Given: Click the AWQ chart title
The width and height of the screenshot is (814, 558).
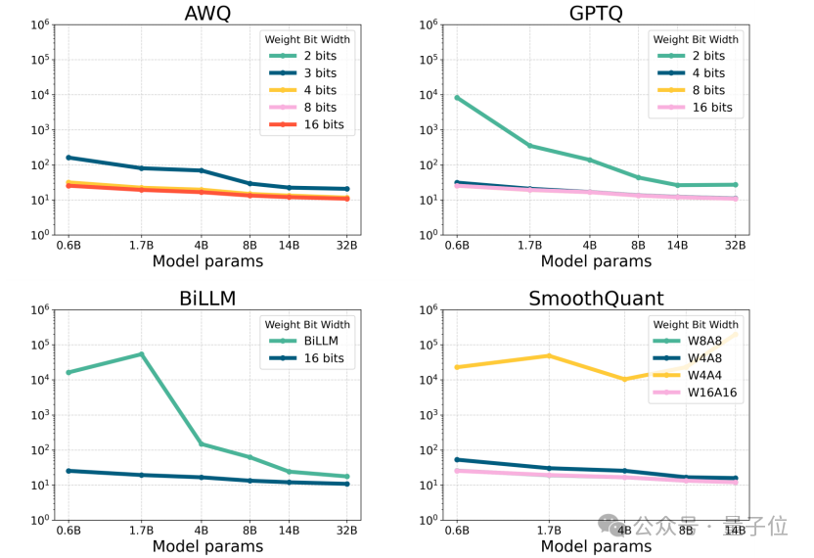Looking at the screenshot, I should tap(207, 13).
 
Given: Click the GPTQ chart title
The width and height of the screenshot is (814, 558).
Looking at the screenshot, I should tap(595, 13).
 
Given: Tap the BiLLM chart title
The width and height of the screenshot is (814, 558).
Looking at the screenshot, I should tap(207, 299).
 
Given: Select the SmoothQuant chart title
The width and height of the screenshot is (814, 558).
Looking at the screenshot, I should tap(595, 299).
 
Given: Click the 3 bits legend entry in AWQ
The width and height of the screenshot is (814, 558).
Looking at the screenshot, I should tap(313, 73).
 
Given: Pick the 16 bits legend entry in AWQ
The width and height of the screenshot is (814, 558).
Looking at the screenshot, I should tap(316, 125).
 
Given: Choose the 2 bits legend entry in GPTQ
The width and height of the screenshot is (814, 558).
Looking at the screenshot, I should tap(701, 56).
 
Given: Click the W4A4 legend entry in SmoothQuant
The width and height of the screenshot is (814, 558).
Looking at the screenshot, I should tap(703, 376).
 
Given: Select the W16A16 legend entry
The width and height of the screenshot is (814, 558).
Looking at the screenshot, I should tap(710, 393).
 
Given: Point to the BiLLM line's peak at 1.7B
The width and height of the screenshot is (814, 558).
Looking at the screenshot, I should tap(141, 354).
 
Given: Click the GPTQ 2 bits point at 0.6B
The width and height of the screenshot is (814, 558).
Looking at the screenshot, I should tap(457, 98).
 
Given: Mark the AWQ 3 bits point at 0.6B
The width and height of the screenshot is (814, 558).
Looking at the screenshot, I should tap(68, 158).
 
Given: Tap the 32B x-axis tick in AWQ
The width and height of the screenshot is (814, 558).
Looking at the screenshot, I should tap(345, 246).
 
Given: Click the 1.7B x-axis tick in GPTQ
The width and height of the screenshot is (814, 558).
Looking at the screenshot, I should tap(529, 246).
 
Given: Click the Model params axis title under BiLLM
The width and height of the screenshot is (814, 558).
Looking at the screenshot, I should tap(207, 546).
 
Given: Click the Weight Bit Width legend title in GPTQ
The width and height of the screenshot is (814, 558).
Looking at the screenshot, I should tap(694, 39).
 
